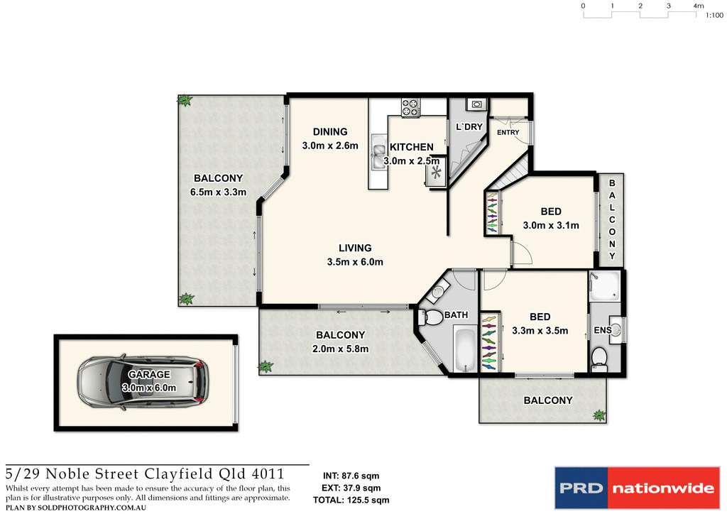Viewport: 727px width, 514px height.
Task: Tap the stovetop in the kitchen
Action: pos(410,107)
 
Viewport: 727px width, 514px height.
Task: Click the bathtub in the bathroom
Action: pos(466,349)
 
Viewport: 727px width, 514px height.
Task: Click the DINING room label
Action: pos(330,131)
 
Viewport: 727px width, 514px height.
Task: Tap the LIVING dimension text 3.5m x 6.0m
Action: pos(355,262)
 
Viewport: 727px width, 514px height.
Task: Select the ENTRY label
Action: pos(508,133)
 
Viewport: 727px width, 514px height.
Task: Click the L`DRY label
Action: pos(469,127)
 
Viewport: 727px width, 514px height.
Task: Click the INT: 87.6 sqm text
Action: pos(351,476)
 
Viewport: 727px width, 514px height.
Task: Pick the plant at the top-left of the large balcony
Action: pos(185,101)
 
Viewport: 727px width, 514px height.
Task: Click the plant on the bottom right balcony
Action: pos(600,415)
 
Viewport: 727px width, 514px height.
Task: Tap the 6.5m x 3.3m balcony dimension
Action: pos(218,192)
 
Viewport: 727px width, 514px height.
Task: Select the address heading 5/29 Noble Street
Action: pos(145,474)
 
